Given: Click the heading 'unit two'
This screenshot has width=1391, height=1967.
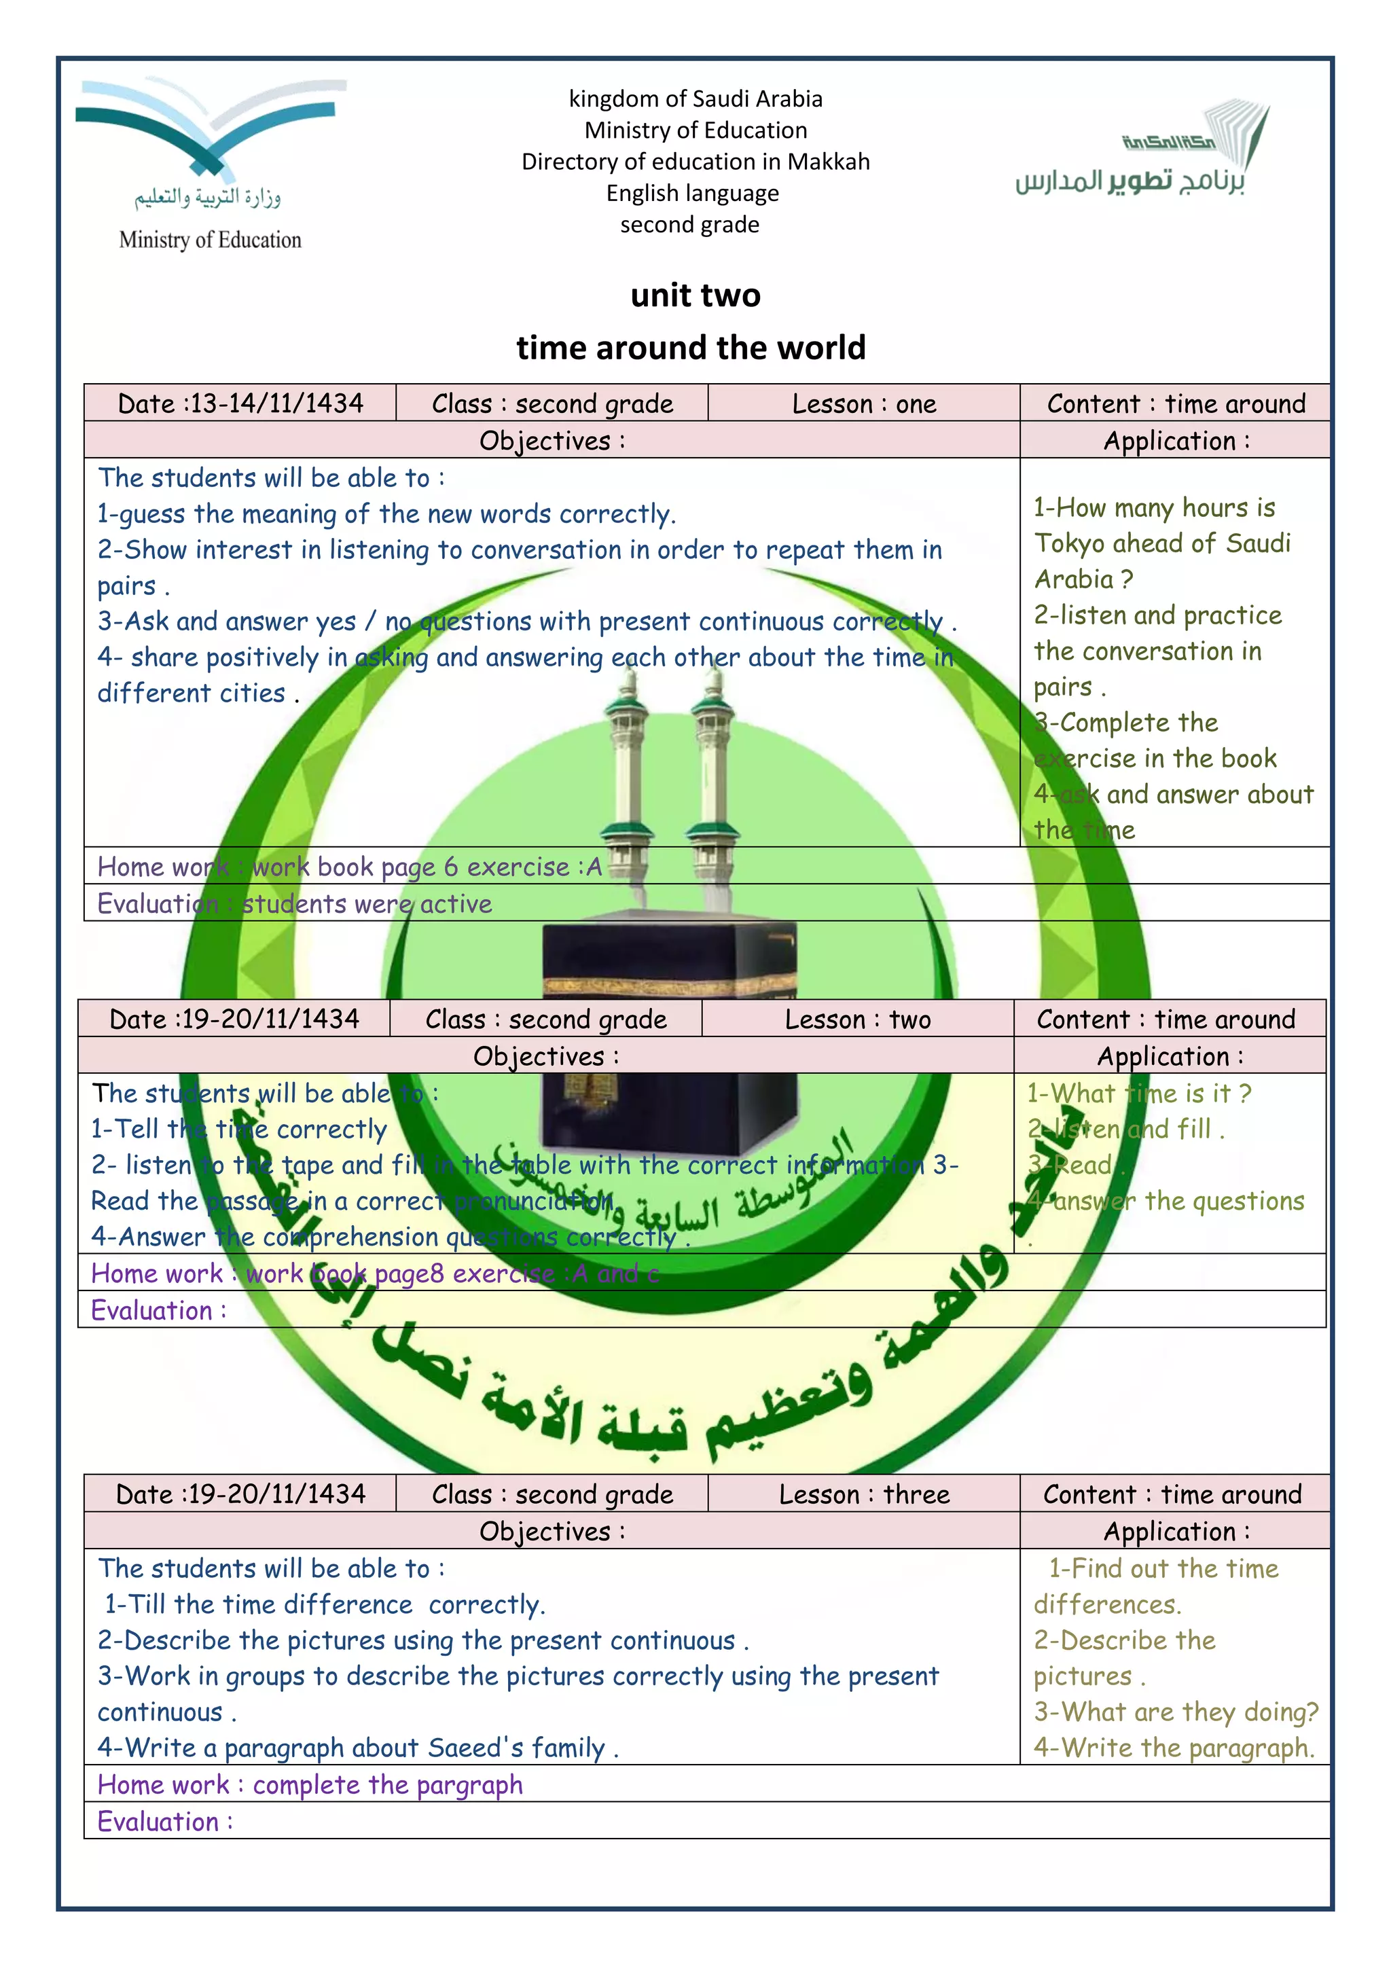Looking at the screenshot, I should pyautogui.click(x=695, y=295).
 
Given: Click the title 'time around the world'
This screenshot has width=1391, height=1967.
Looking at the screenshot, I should pyautogui.click(x=691, y=348).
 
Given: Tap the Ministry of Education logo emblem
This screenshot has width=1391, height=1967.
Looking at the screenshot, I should pyautogui.click(x=210, y=128).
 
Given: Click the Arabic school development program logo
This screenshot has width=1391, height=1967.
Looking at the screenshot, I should pyautogui.click(x=1139, y=154).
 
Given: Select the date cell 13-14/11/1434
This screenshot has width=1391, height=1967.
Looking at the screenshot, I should pyautogui.click(x=240, y=403).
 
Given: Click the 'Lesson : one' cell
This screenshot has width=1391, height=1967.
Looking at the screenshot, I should pyautogui.click(x=863, y=403).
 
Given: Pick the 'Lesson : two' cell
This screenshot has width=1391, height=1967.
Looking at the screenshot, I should pyautogui.click(x=857, y=1019).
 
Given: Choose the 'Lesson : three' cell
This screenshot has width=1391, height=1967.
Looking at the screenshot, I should pyautogui.click(x=863, y=1495).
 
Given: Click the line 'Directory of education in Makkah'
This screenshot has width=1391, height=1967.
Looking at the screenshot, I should pyautogui.click(x=695, y=162).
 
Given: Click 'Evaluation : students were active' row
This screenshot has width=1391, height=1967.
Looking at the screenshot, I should pyautogui.click(x=295, y=904).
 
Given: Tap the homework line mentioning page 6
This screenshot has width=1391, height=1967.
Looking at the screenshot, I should pyautogui.click(x=350, y=867).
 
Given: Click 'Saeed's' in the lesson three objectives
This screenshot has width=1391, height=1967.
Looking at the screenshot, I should pyautogui.click(x=475, y=1748).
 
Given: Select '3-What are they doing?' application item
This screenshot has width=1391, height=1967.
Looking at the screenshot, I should pyautogui.click(x=1175, y=1712).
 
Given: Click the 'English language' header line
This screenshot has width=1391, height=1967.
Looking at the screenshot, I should pyautogui.click(x=692, y=194).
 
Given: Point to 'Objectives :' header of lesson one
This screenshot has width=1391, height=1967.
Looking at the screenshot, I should pyautogui.click(x=552, y=441).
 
